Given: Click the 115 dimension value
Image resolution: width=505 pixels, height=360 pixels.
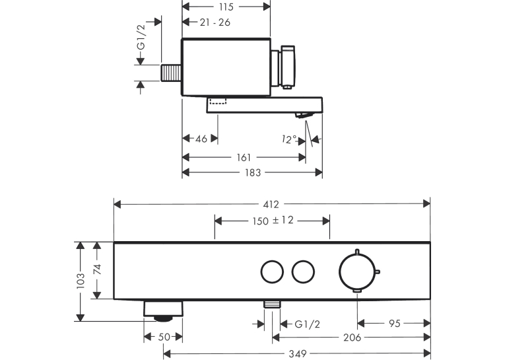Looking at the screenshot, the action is (x=226, y=7).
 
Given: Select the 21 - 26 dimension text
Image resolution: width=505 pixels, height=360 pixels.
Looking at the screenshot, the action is (x=215, y=22).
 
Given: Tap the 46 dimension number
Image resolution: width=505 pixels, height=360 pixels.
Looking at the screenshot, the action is (x=201, y=139).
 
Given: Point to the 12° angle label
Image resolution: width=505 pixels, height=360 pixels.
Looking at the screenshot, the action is (x=289, y=139).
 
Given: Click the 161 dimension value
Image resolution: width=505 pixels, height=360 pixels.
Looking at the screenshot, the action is (x=244, y=158).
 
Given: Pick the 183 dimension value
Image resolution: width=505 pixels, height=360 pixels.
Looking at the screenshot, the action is (x=253, y=173).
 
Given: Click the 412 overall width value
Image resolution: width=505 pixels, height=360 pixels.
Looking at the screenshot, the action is (x=271, y=204).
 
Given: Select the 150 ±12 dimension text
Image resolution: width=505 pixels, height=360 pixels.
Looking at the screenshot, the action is (x=273, y=221).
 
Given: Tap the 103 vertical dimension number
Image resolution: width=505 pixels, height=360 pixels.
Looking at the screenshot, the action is (x=81, y=281).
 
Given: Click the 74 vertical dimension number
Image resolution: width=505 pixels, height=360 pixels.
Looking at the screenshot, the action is (x=97, y=269).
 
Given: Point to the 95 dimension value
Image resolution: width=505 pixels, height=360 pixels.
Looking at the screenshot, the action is (x=395, y=323).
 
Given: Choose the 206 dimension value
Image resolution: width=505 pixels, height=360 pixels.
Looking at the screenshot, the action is (x=353, y=338).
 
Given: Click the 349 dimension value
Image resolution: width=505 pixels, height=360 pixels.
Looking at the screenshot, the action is (x=297, y=353).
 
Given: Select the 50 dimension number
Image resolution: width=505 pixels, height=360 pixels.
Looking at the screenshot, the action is (x=164, y=337).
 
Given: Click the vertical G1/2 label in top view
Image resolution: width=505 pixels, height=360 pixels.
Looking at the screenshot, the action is (x=141, y=37).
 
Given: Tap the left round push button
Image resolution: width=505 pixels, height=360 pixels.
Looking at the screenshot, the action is (x=272, y=272).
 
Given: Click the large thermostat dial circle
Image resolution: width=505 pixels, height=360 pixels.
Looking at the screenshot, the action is (x=357, y=271).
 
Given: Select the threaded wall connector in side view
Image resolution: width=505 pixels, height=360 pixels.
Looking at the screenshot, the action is (x=171, y=73).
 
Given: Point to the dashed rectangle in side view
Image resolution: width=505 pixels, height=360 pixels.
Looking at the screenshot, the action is (x=218, y=101).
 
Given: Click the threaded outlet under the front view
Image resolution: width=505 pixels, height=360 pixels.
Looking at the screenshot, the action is (x=272, y=305).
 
